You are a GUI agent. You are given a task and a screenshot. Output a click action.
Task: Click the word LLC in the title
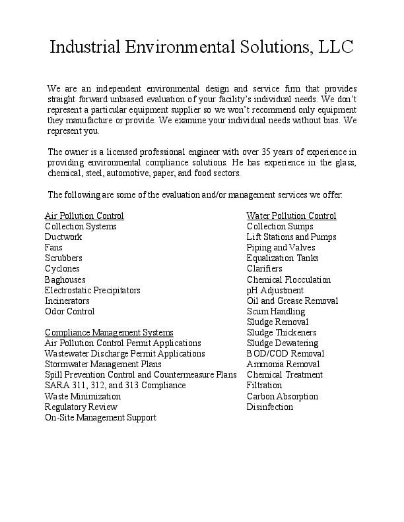point(336,47)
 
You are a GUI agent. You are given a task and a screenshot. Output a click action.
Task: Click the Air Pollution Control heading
point(84,216)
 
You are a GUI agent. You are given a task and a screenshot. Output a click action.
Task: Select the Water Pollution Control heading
point(291,216)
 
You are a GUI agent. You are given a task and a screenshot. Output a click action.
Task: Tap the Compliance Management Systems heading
point(109,332)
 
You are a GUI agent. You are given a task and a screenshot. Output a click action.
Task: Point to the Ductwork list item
point(63,237)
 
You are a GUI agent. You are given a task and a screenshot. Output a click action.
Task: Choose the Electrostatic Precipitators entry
point(92,290)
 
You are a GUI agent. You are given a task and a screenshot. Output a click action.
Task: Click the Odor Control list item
point(69,311)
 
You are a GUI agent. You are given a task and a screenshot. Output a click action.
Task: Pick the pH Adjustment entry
point(275,290)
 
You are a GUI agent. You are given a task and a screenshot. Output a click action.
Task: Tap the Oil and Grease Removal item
point(292,301)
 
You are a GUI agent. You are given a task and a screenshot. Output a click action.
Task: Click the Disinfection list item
point(269,407)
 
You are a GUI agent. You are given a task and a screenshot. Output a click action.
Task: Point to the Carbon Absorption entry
point(282,396)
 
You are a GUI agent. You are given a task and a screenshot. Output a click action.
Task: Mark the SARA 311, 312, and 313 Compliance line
point(115,385)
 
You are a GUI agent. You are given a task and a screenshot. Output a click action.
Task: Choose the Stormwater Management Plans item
point(103,364)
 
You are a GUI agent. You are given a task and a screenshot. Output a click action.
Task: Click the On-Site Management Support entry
point(100,417)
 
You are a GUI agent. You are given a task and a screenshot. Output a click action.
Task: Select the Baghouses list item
point(65,279)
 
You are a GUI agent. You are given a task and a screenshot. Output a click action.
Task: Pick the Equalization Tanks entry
point(283,258)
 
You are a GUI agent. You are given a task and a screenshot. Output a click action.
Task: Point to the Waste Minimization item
point(83,396)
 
